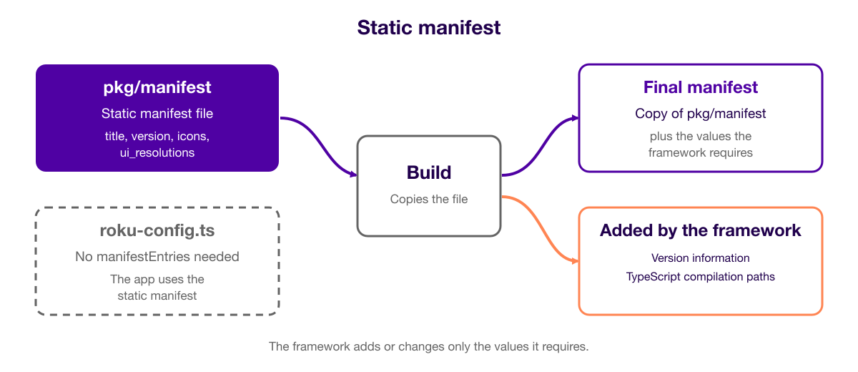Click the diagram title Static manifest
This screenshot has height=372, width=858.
coord(428,28)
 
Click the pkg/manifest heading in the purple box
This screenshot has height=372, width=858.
coord(157,88)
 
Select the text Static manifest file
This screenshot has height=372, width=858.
coord(157,114)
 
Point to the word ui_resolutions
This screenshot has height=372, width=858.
coord(157,153)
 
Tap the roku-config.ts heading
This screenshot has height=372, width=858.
coord(157,230)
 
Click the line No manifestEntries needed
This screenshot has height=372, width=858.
coord(157,256)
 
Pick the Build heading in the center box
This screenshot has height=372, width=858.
coord(428,172)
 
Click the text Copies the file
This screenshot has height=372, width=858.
coord(428,199)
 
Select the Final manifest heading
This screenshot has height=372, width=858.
coord(700,87)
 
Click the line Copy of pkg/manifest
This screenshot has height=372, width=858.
coord(700,114)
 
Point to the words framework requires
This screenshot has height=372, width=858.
coord(700,152)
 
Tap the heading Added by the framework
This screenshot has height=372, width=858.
coord(700,230)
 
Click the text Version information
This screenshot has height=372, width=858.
coord(700,258)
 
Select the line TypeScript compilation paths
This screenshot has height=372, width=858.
coord(700,277)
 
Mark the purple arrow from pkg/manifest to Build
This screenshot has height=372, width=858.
coord(319,147)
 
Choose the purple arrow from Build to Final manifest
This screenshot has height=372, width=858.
coord(540,147)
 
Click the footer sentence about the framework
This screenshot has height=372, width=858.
coord(428,346)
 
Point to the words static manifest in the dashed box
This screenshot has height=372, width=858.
coord(157,295)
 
